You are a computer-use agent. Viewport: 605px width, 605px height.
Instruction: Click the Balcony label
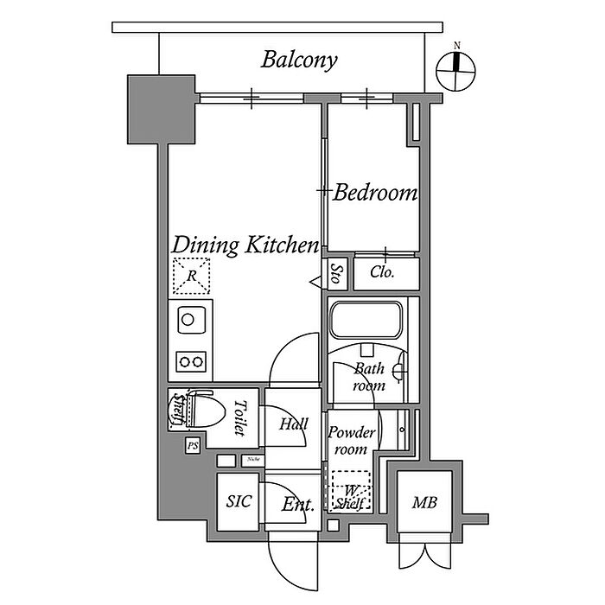(299, 60)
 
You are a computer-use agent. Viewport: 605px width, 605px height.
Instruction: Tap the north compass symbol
(456, 70)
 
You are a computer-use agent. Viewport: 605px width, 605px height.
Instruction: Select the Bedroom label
(375, 193)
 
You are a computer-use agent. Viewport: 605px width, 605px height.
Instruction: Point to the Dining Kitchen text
(245, 245)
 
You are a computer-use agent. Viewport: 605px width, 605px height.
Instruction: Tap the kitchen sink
(189, 320)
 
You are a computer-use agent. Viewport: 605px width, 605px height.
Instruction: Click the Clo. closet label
(382, 272)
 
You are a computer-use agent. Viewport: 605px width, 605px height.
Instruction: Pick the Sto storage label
(336, 274)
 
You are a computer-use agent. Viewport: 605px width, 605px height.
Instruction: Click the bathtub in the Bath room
(366, 322)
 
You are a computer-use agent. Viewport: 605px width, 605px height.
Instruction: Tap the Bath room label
(369, 378)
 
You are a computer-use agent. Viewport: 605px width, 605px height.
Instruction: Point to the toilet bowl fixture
(201, 409)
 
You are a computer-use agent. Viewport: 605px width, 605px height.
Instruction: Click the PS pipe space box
(193, 445)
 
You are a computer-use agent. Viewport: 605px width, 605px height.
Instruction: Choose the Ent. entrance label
(296, 505)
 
